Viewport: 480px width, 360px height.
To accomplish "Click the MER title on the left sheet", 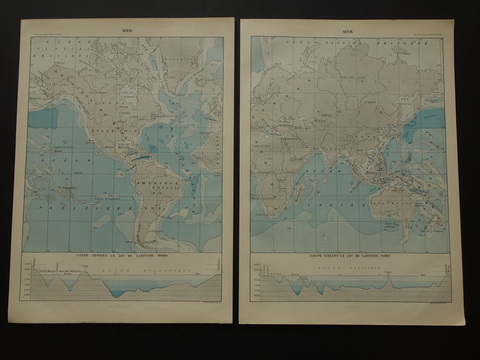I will pos(128,28).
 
